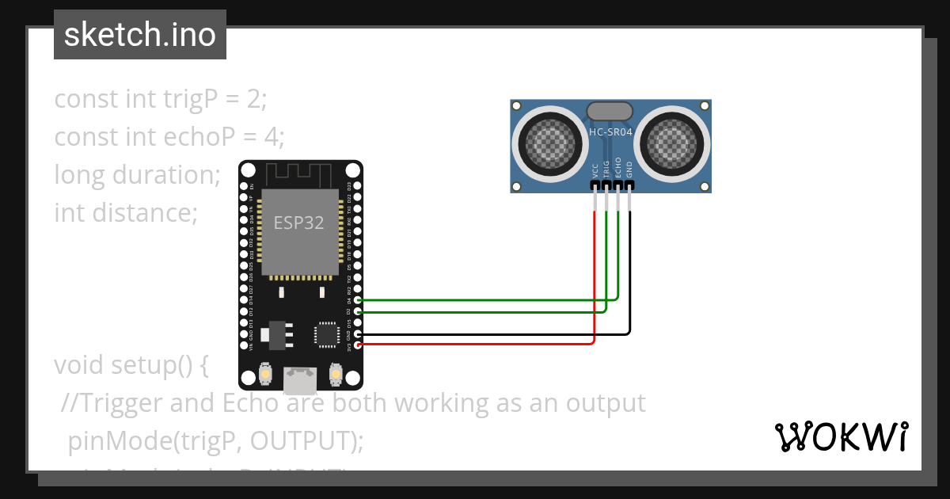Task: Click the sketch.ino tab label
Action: (140, 35)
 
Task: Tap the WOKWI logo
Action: (841, 436)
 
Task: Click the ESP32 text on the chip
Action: (298, 223)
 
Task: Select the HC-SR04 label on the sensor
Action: (610, 132)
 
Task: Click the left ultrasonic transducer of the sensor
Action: (547, 143)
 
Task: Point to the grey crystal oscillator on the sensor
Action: (609, 111)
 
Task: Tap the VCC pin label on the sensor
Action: (595, 170)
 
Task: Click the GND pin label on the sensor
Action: (629, 169)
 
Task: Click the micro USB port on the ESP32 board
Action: (300, 380)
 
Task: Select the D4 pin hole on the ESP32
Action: (358, 300)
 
